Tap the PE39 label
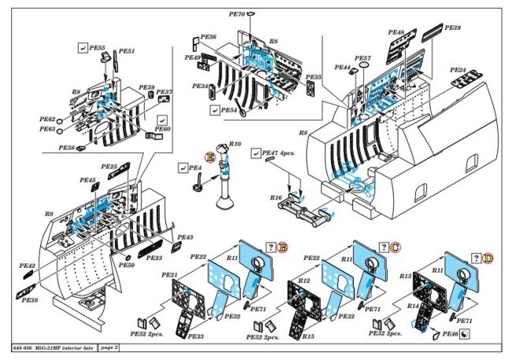(453, 28)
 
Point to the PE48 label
(396, 33)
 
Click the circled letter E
(210, 157)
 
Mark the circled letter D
(488, 258)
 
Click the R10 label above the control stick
(235, 144)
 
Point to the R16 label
(276, 198)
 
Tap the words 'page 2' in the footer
(111, 347)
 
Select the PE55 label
(98, 47)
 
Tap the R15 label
(309, 336)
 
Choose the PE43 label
(185, 237)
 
